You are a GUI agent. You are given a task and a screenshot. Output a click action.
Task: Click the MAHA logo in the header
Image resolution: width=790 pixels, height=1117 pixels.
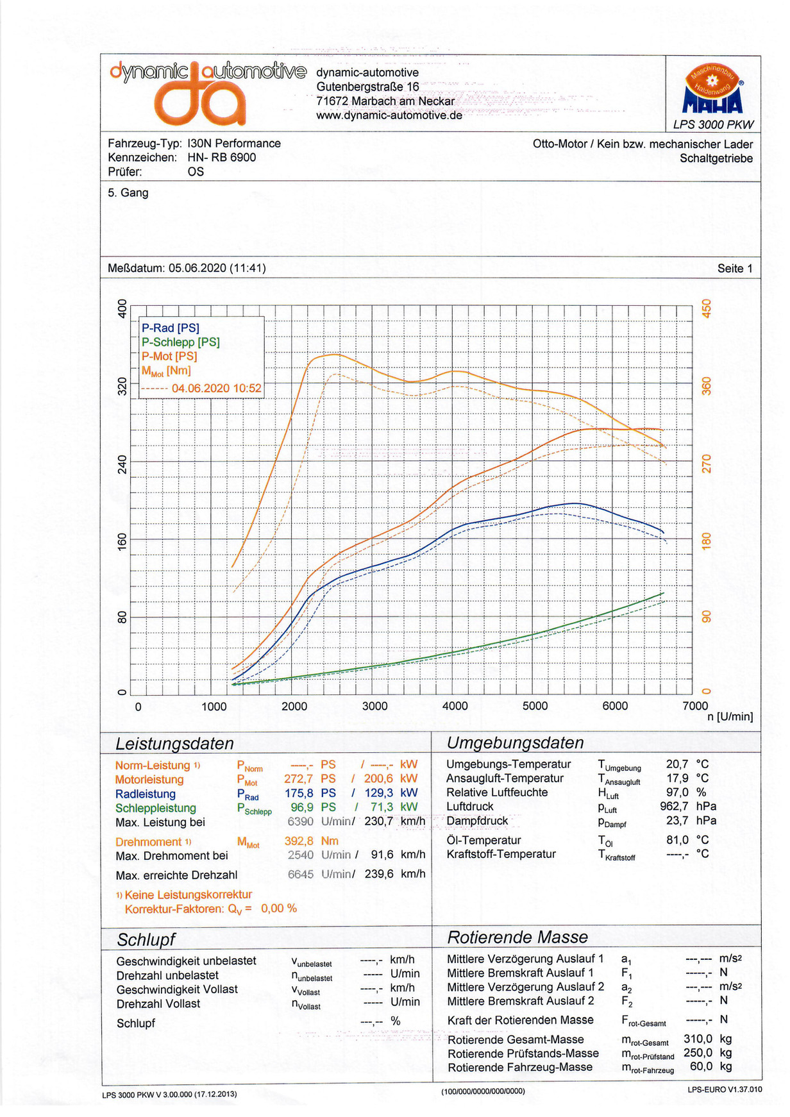712,90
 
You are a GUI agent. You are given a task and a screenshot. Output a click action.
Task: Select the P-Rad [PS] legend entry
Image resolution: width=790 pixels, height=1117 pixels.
171,328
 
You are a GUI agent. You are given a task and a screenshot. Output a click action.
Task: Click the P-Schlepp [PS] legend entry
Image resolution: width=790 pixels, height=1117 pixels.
181,342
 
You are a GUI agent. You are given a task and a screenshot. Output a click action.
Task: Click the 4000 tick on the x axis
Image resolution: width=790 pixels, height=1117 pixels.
455,706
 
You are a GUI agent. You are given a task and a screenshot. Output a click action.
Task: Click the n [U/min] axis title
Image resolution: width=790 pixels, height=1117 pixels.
730,717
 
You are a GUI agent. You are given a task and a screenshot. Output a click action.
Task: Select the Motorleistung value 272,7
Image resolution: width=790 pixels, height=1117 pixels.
299,779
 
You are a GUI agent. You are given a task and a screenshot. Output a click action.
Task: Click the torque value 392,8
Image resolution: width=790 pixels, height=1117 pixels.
299,841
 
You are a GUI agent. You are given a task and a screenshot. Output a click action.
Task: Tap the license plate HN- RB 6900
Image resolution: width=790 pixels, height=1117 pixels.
222,158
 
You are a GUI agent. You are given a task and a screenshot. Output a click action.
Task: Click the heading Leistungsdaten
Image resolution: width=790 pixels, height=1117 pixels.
174,744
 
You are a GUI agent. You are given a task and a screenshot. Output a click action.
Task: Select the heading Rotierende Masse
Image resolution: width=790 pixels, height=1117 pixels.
517,937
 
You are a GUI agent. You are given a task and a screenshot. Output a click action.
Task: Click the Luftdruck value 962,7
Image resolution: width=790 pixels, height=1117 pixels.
674,806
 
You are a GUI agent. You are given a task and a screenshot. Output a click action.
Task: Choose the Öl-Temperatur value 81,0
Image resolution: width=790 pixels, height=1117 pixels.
677,840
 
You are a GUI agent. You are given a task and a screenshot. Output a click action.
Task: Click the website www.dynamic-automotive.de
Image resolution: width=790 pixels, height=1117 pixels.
389,115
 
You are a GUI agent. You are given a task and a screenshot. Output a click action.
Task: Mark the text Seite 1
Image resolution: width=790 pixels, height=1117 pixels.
735,269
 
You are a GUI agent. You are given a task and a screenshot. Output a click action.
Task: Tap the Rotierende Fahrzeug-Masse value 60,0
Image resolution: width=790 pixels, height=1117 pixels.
701,1066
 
